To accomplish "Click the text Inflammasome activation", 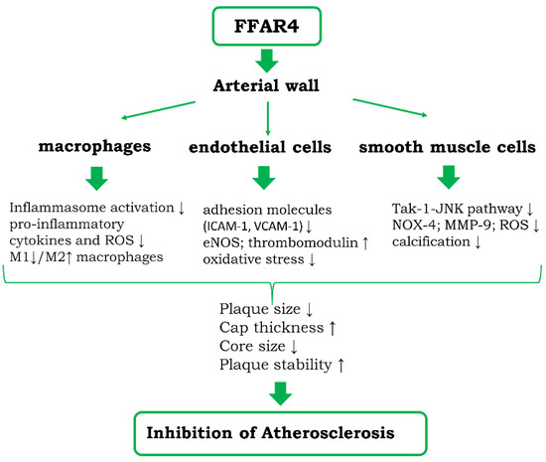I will click(x=85, y=208).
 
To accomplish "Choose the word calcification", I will click(x=428, y=244).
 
